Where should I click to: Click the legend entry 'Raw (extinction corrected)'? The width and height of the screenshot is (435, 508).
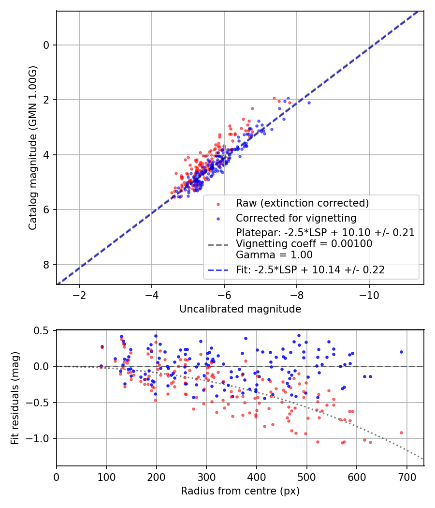pos(302,203)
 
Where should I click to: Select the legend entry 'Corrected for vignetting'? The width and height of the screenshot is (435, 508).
pos(296,218)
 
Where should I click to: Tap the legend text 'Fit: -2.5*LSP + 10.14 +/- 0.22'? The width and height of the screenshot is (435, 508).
pos(310,270)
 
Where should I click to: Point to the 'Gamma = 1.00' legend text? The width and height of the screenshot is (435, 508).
pos(274,255)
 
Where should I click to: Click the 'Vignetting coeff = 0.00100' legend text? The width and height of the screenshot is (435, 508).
pos(304,244)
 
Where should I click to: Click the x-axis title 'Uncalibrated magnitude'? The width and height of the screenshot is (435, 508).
pos(240,309)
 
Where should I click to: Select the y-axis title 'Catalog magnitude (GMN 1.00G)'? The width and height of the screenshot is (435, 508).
pos(33,148)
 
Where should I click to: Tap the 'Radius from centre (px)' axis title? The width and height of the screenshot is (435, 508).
pos(240,491)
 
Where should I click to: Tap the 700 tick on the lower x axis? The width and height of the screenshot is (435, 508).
pos(406,477)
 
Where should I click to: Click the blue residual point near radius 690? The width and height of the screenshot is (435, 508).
pos(401,352)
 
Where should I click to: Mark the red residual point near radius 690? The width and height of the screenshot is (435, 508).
pos(401,433)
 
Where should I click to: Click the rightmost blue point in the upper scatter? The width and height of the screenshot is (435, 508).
pos(309,103)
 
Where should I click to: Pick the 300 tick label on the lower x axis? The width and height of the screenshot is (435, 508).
pos(206,477)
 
